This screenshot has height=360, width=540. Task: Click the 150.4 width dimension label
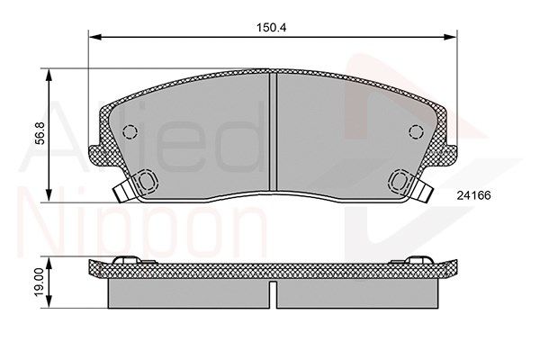[x=271, y=28]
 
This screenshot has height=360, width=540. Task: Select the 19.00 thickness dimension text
[x=40, y=282]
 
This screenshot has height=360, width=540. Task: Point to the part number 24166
[x=473, y=195]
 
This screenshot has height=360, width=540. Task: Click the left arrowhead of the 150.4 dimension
[x=95, y=37]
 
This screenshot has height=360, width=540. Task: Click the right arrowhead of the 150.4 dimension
[x=450, y=37]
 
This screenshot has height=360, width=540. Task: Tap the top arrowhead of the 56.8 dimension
[x=49, y=75]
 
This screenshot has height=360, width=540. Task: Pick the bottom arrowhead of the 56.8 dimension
[x=49, y=195]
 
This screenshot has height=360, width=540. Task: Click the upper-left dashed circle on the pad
[x=130, y=131]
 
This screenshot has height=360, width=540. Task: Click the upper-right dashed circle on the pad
[x=416, y=131]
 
